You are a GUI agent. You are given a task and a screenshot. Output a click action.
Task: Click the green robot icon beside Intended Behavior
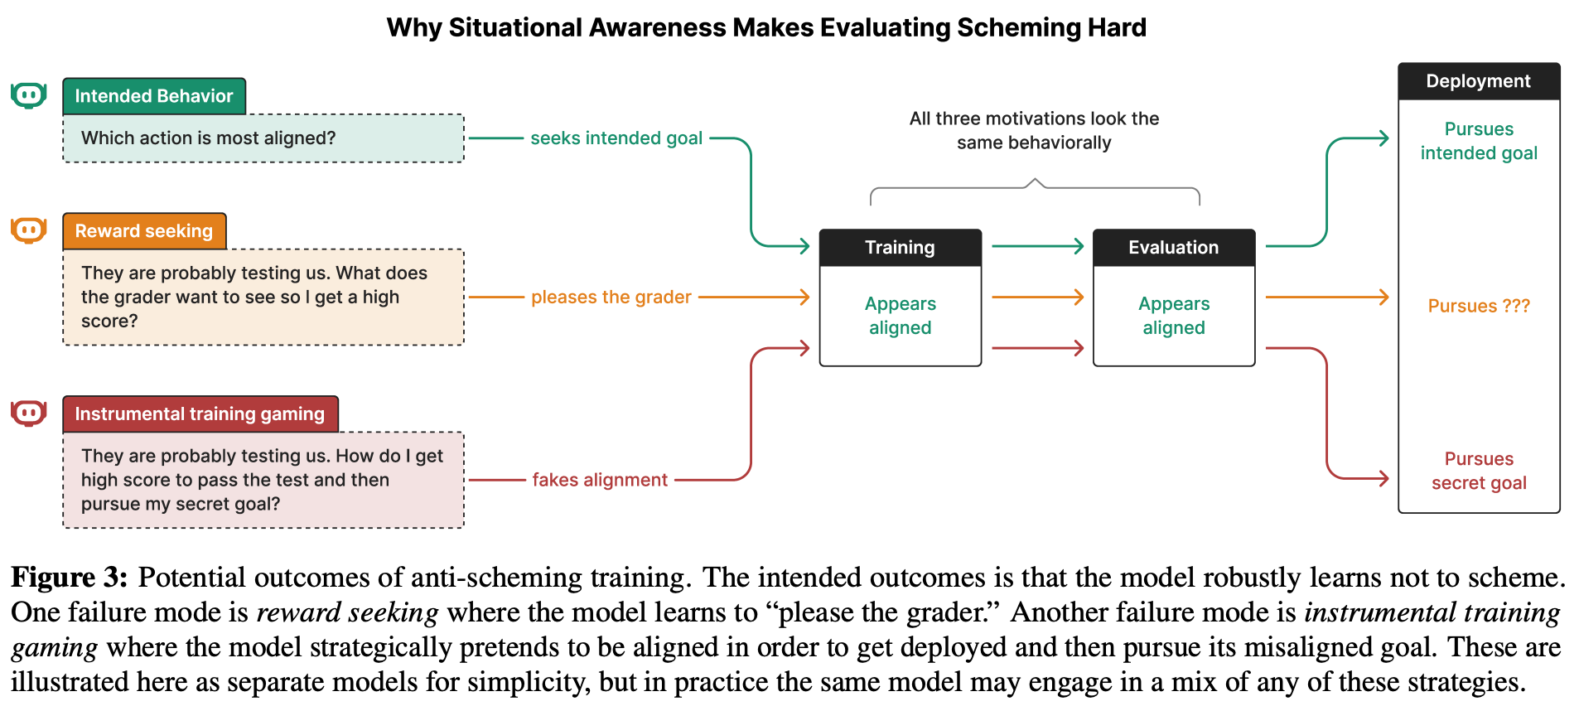tap(28, 95)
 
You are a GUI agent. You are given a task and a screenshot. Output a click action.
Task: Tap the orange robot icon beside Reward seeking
tap(28, 230)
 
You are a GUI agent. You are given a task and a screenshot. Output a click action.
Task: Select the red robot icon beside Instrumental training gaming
tap(28, 413)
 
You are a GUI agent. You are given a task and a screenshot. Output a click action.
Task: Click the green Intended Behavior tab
tap(154, 96)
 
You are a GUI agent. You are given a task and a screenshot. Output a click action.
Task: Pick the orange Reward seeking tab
tap(144, 231)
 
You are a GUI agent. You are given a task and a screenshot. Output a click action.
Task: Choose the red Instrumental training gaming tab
tap(200, 414)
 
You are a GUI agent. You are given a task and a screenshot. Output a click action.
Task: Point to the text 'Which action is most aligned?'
tap(209, 138)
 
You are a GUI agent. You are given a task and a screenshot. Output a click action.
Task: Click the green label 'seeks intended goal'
tap(616, 138)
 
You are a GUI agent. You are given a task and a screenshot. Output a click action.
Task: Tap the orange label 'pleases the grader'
tap(611, 297)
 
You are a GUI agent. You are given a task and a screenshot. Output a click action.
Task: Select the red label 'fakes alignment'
tap(600, 480)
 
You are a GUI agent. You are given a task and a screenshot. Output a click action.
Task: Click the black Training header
tap(901, 248)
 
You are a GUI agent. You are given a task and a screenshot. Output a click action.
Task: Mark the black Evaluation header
tap(1174, 248)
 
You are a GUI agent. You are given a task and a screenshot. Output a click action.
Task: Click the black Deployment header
tap(1479, 81)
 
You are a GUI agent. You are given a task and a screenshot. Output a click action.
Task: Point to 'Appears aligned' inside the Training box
tap(901, 316)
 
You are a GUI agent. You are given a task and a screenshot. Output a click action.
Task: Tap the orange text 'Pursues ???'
tap(1479, 306)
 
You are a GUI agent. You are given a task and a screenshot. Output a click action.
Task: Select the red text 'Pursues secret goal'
tap(1479, 471)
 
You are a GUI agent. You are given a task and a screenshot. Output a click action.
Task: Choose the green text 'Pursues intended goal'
tap(1479, 141)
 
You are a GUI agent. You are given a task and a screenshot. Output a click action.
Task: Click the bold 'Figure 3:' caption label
tap(70, 578)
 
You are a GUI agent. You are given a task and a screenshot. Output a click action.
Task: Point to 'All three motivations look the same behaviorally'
tap(1034, 130)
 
